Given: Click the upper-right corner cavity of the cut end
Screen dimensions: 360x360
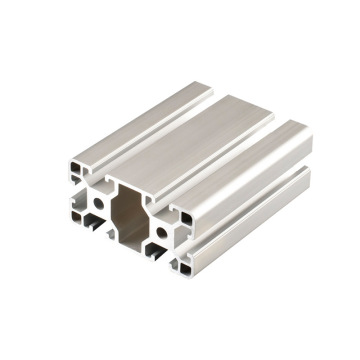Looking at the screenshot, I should pos(188,213).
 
